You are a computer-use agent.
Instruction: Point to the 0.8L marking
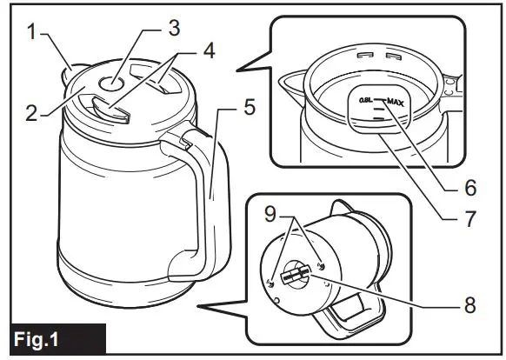click(365, 102)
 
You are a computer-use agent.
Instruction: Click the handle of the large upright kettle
click(209, 200)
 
